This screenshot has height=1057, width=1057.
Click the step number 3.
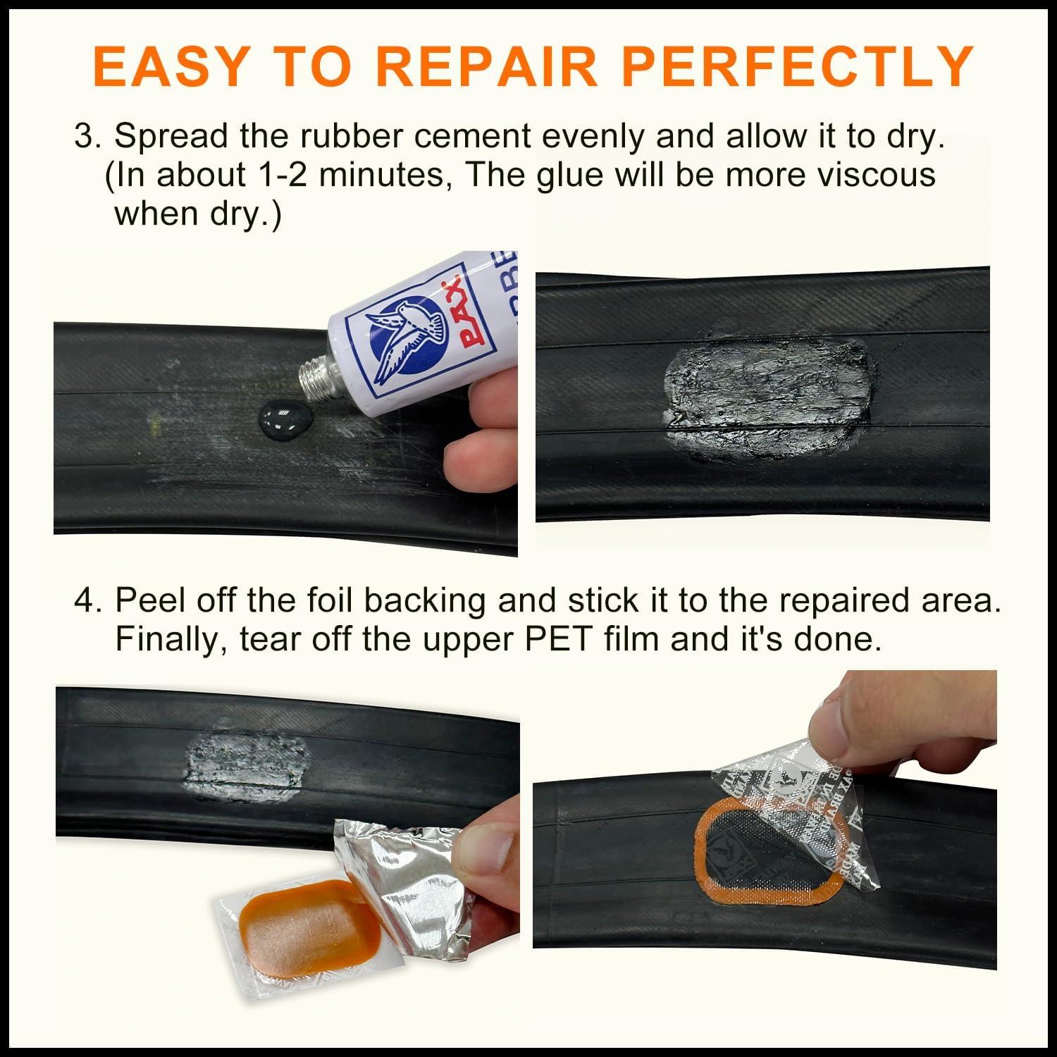tap(86, 136)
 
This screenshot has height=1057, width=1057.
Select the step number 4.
tap(86, 600)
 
